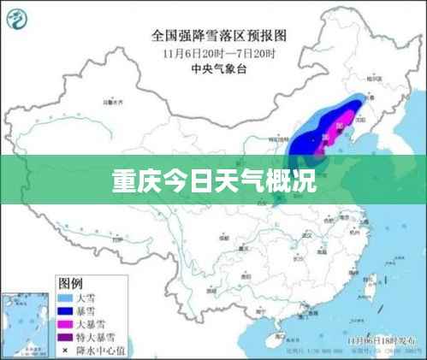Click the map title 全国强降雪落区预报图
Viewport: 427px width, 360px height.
click(x=218, y=36)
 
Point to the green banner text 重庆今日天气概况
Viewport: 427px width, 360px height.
click(x=213, y=181)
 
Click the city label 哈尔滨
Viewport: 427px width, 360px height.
click(x=374, y=79)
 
